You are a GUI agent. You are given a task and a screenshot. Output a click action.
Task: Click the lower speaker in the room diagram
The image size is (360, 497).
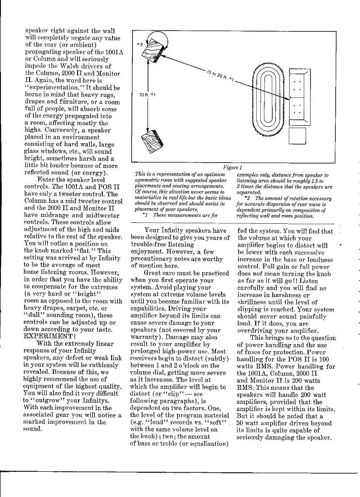click(148, 141)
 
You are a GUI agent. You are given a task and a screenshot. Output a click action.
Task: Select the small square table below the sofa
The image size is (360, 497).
click(297, 134)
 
